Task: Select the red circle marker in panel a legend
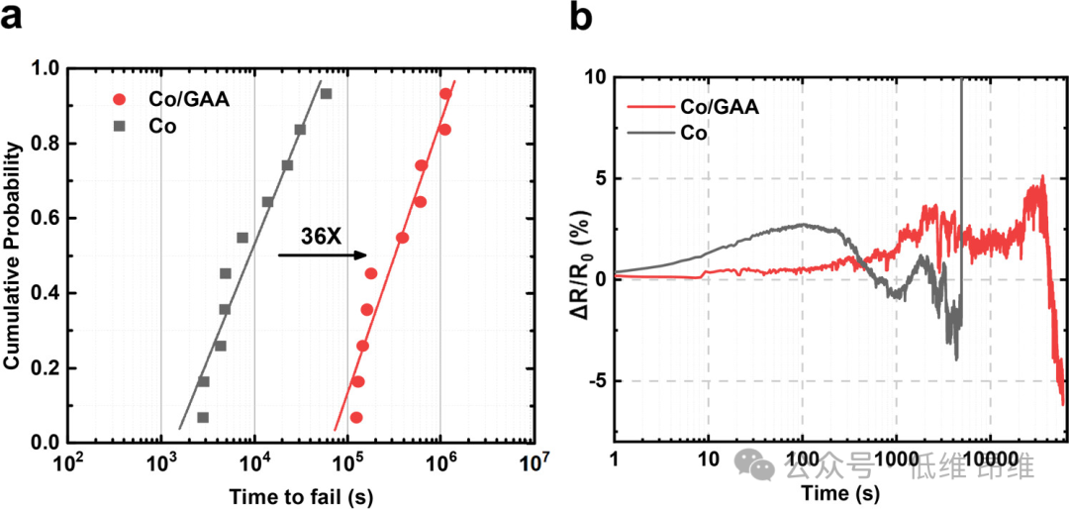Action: tap(120, 99)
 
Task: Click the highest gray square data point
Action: tap(326, 94)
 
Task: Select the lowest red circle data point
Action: tap(356, 418)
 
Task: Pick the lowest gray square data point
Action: tap(203, 418)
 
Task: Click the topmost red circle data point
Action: tap(445, 94)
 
